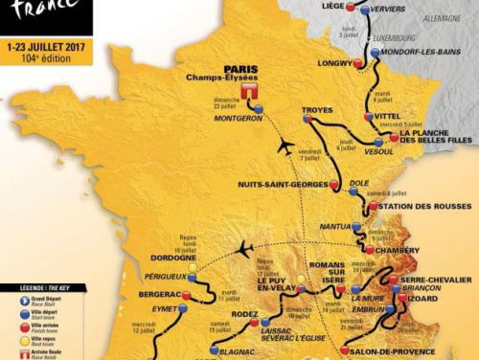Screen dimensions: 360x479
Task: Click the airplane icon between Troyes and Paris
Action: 285,146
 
